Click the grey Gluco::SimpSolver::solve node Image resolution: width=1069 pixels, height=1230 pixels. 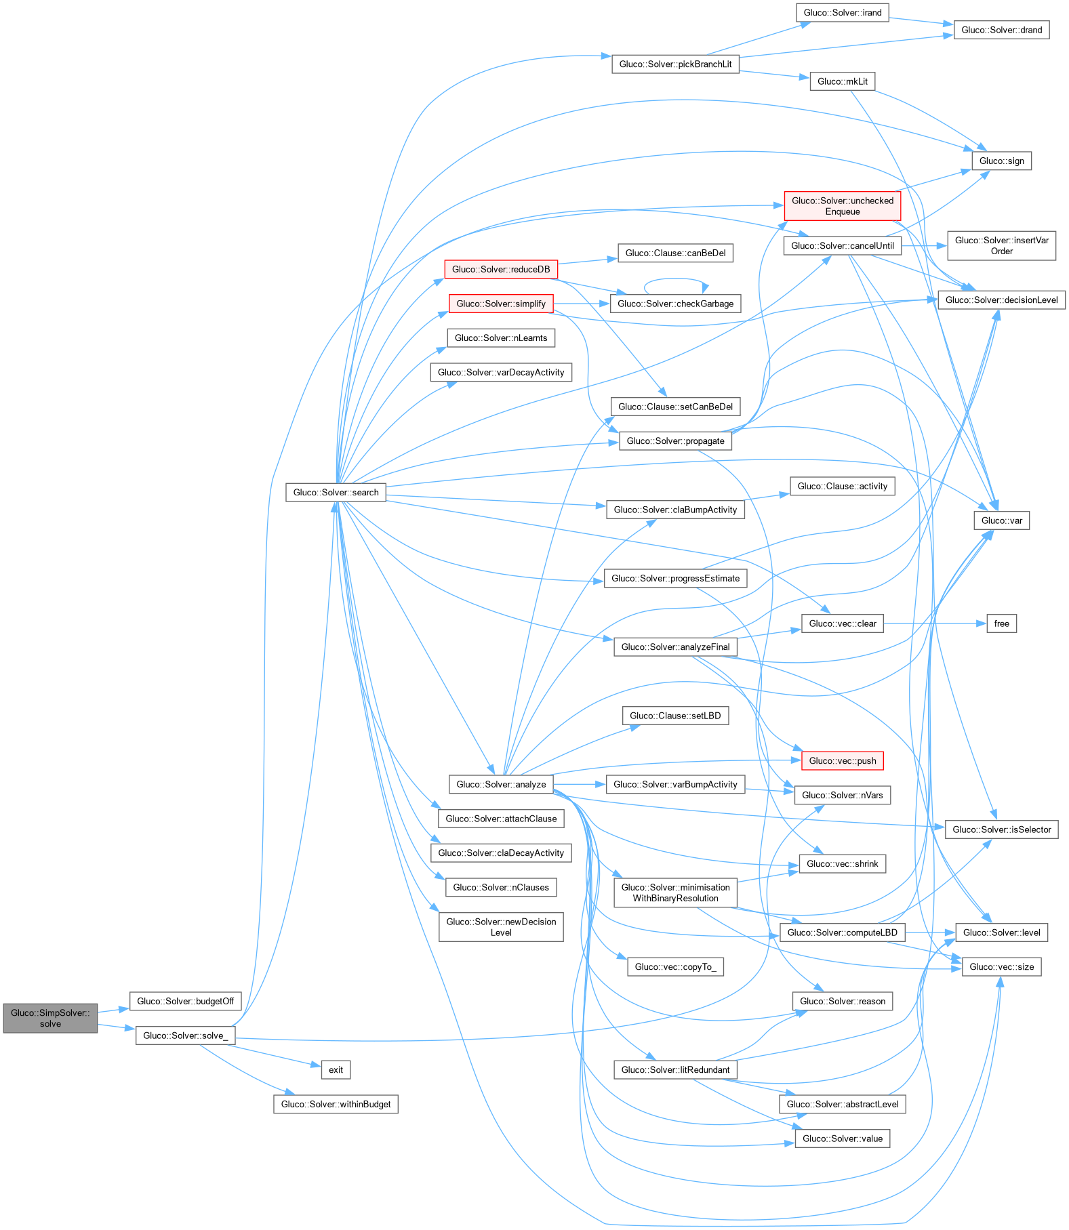pyautogui.click(x=50, y=1018)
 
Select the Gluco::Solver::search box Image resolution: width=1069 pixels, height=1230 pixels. pyautogui.click(x=336, y=492)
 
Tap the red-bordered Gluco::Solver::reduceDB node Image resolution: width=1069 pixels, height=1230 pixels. pyautogui.click(x=501, y=269)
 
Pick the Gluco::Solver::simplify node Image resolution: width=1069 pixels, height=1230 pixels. pyautogui.click(x=501, y=304)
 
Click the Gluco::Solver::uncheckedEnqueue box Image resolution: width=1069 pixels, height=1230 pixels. pyautogui.click(x=843, y=206)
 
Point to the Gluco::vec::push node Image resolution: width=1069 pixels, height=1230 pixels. pyautogui.click(x=843, y=760)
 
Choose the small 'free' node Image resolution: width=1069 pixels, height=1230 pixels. pyautogui.click(x=1001, y=623)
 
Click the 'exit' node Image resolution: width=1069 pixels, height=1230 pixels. pyautogui.click(x=336, y=1069)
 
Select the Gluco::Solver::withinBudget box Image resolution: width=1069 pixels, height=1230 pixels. pyautogui.click(x=336, y=1104)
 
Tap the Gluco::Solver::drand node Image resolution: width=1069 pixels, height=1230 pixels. pyautogui.click(x=1001, y=30)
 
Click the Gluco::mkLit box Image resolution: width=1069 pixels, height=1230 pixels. pyautogui.click(x=843, y=81)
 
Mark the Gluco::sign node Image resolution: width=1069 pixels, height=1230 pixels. pyautogui.click(x=1001, y=161)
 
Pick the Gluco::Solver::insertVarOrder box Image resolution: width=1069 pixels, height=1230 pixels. pyautogui.click(x=1001, y=245)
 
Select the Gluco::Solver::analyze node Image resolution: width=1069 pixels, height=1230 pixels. pyautogui.click(x=501, y=784)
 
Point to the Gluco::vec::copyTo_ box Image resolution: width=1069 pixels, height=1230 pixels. pyautogui.click(x=675, y=966)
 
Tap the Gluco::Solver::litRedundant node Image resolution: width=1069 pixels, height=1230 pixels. pyautogui.click(x=675, y=1069)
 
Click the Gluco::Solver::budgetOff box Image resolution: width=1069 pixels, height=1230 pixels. pyautogui.click(x=185, y=1001)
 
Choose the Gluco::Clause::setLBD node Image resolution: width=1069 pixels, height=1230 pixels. pyautogui.click(x=675, y=716)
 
